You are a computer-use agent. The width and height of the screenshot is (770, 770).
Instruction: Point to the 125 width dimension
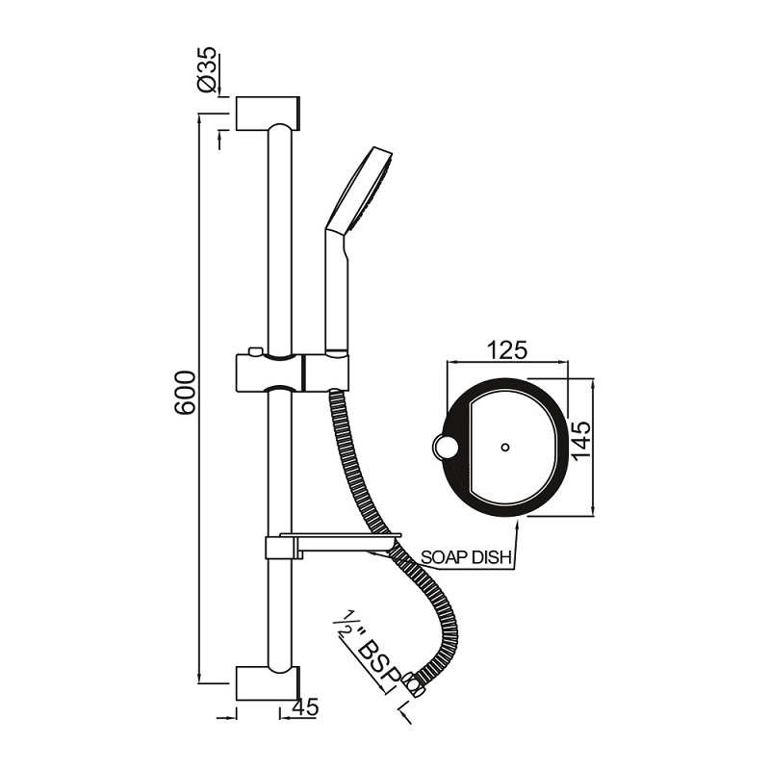tap(507, 349)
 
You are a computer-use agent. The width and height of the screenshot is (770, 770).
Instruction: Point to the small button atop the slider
tap(252, 350)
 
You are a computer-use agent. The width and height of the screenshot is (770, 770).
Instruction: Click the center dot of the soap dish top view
tap(505, 448)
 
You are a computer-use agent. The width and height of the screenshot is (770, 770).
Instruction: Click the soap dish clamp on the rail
tap(278, 550)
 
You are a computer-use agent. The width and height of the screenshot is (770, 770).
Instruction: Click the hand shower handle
tap(338, 289)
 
